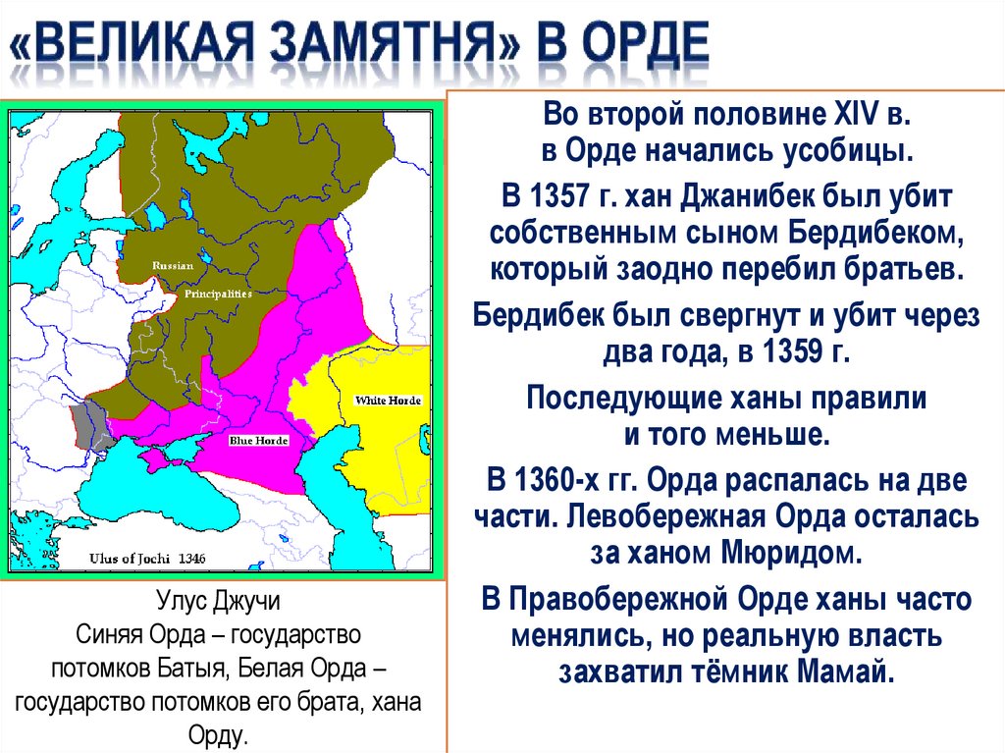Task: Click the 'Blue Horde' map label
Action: coord(258,441)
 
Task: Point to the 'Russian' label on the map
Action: coord(172,265)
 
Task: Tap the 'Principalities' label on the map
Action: coord(217,293)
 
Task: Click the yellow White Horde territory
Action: coord(383,442)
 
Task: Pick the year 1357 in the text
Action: coord(561,196)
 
